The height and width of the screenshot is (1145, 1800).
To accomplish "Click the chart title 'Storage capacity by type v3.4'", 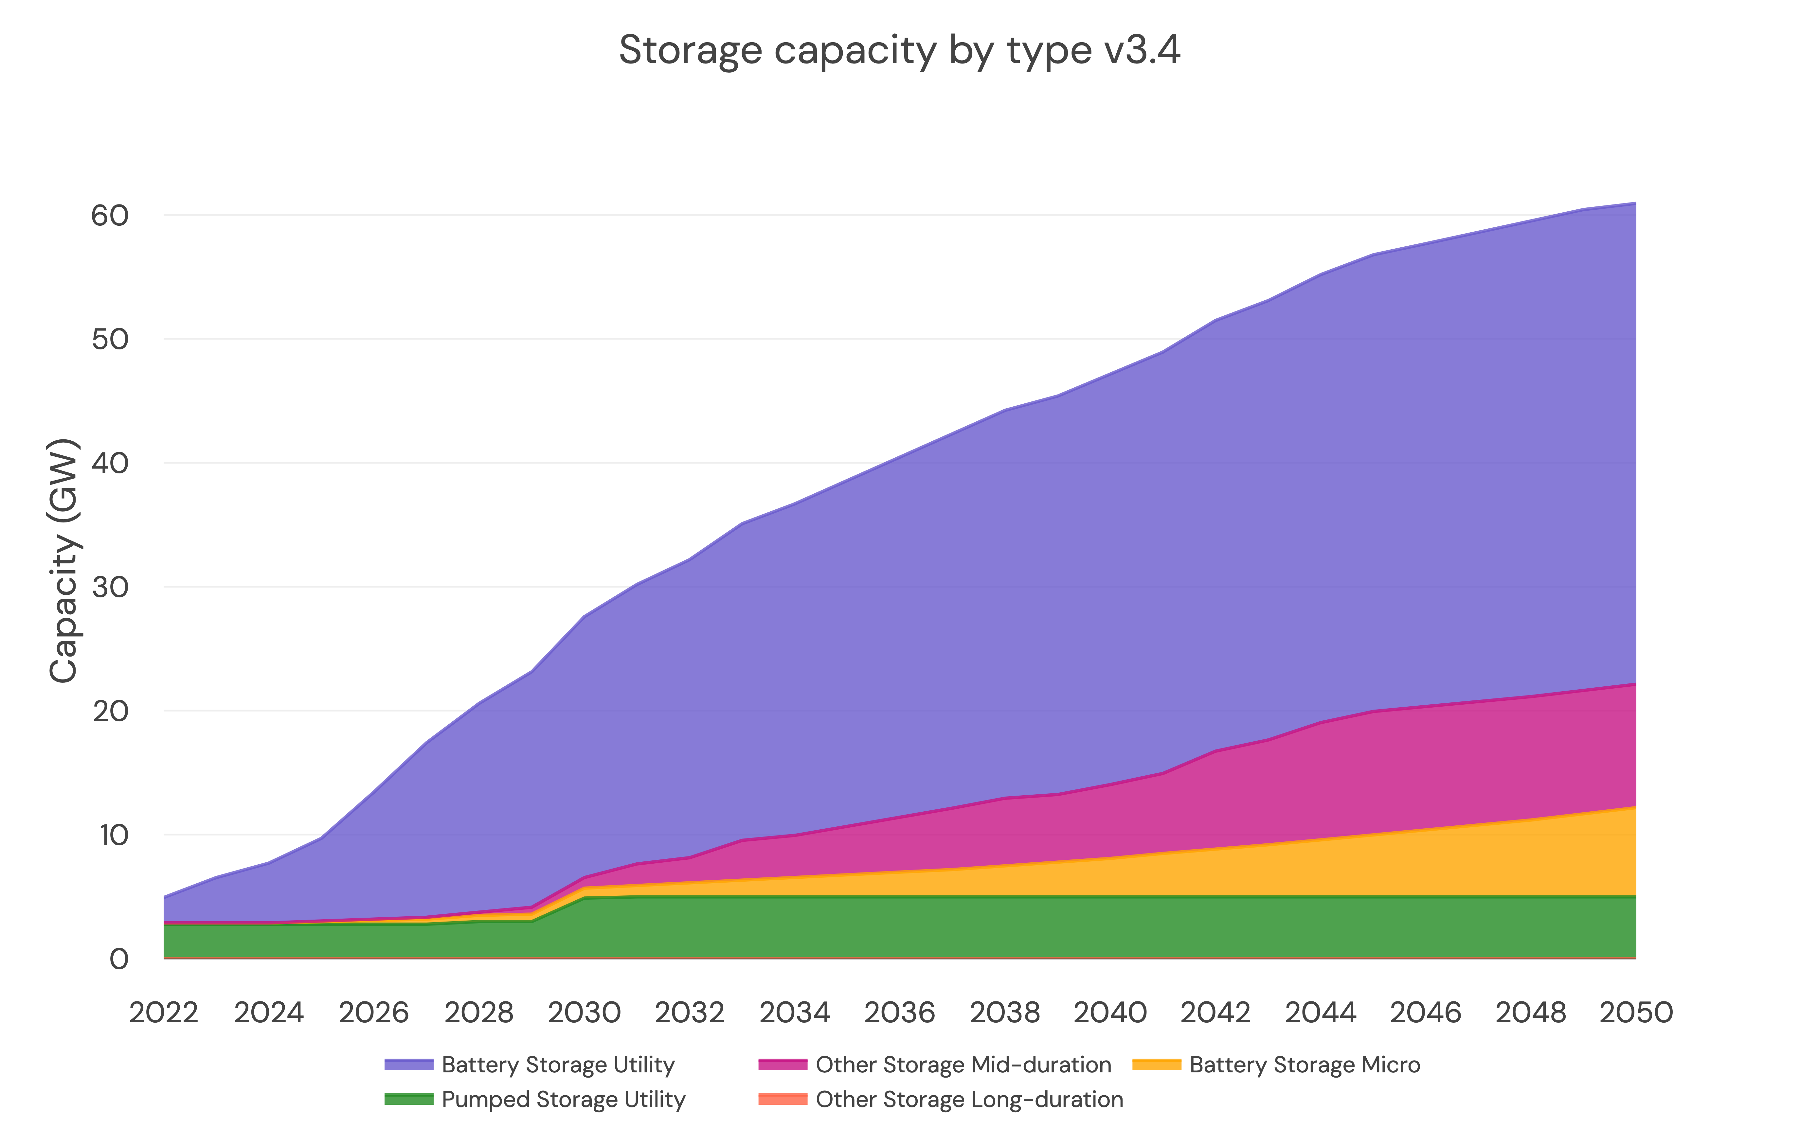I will (899, 51).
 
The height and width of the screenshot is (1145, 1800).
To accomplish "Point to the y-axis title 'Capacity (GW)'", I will (63, 560).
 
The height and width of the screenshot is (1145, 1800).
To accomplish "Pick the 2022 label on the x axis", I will (164, 1013).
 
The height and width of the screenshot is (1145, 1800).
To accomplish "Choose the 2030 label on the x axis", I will (585, 1013).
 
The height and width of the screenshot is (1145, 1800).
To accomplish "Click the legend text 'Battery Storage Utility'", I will (558, 1064).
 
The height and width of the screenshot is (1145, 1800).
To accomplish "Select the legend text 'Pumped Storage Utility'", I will (563, 1100).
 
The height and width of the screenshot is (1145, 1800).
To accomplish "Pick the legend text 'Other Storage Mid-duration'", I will (963, 1064).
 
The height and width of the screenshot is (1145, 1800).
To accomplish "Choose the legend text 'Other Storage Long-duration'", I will (969, 1100).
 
